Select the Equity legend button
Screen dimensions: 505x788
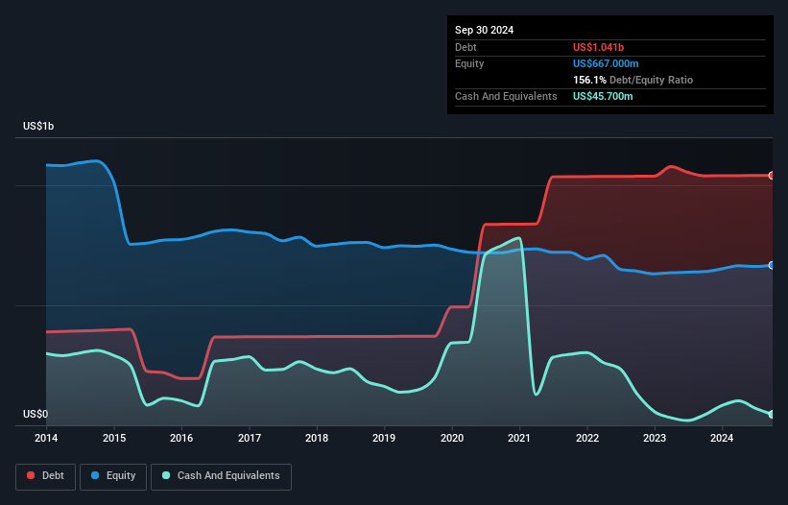pyautogui.click(x=113, y=475)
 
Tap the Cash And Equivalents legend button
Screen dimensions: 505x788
pyautogui.click(x=221, y=475)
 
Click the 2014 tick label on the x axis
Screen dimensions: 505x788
pyautogui.click(x=46, y=439)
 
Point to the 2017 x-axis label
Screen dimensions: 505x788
pyautogui.click(x=250, y=439)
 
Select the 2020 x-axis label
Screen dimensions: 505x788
pyautogui.click(x=452, y=439)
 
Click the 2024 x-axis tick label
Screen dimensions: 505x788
pyautogui.click(x=722, y=439)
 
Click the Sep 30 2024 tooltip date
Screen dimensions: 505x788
pyautogui.click(x=484, y=30)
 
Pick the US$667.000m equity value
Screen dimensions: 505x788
pyautogui.click(x=612, y=63)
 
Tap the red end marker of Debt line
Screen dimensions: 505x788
pyautogui.click(x=772, y=176)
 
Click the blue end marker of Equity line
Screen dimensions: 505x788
pyautogui.click(x=772, y=265)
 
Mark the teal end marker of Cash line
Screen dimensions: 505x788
pyautogui.click(x=772, y=414)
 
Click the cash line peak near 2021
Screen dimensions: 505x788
pyautogui.click(x=519, y=237)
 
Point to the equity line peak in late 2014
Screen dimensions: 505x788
pyautogui.click(x=95, y=160)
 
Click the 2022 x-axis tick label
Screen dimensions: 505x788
pyautogui.click(x=587, y=439)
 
